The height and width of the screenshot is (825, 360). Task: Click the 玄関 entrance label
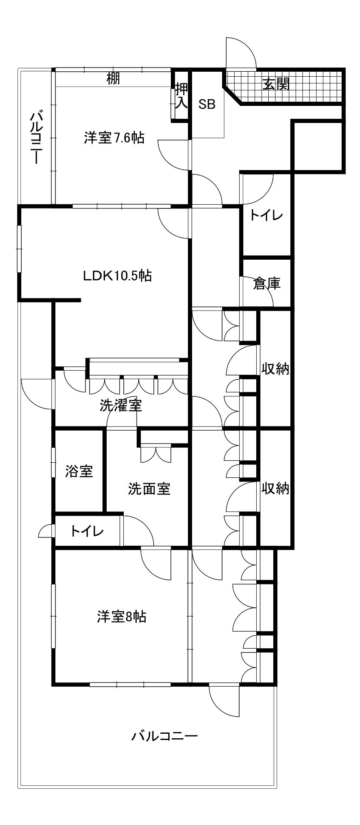pos(275,84)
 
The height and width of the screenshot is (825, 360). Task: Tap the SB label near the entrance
pos(207,104)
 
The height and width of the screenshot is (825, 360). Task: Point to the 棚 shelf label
pos(113,78)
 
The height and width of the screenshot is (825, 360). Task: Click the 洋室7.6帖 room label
pos(114,138)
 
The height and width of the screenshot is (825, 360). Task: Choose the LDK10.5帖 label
pos(117,276)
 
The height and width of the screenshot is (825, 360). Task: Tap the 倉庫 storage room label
pos(267,283)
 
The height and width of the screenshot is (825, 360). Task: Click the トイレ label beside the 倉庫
pos(266,216)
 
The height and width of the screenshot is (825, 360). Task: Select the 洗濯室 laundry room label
pos(121,405)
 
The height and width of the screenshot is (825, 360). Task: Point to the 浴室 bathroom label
pos(79,471)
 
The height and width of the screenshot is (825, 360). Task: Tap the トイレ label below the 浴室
pos(87,531)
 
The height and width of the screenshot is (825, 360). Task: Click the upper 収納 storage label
pos(275,369)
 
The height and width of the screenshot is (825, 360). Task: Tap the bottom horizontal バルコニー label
pos(164,736)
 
